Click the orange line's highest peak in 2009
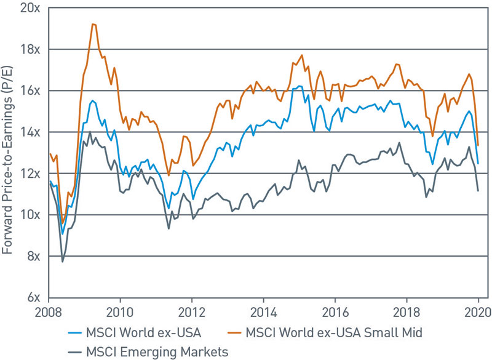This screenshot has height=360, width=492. [x=93, y=24]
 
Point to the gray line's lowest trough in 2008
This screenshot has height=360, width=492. [x=63, y=262]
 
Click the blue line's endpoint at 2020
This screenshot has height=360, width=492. [x=478, y=163]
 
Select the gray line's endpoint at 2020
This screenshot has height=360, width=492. [x=478, y=191]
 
